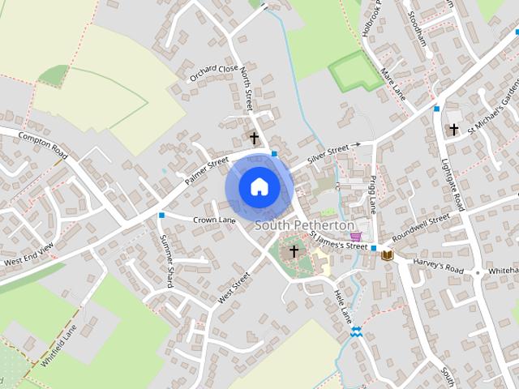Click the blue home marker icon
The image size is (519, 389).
(259, 186)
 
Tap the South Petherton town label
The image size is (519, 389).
(305, 224)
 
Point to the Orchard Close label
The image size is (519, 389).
(214, 74)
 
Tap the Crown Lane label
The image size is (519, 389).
(214, 220)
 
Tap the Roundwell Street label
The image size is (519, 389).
(420, 225)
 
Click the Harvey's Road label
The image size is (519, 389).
(437, 264)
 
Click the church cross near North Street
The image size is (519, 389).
(254, 139)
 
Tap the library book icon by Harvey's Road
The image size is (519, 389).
(388, 255)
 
